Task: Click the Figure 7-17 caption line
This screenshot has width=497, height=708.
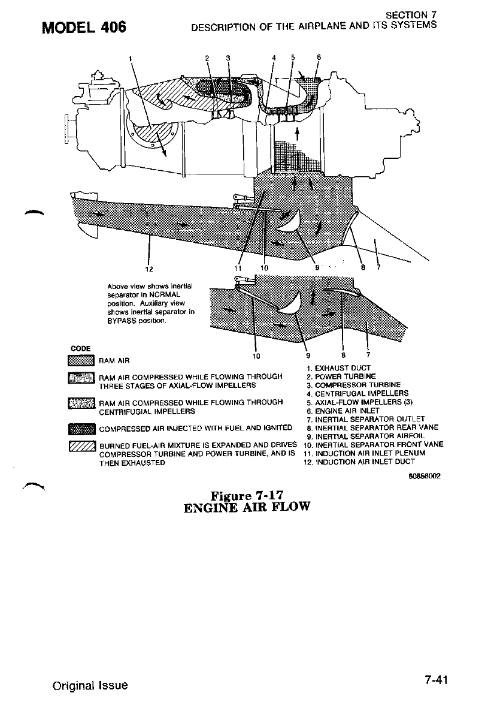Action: [247, 495]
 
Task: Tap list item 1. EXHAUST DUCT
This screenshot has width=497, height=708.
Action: [338, 367]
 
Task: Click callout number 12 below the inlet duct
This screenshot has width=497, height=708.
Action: [148, 268]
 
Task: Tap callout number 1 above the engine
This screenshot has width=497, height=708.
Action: [131, 58]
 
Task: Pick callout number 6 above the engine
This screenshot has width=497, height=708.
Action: [319, 58]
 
